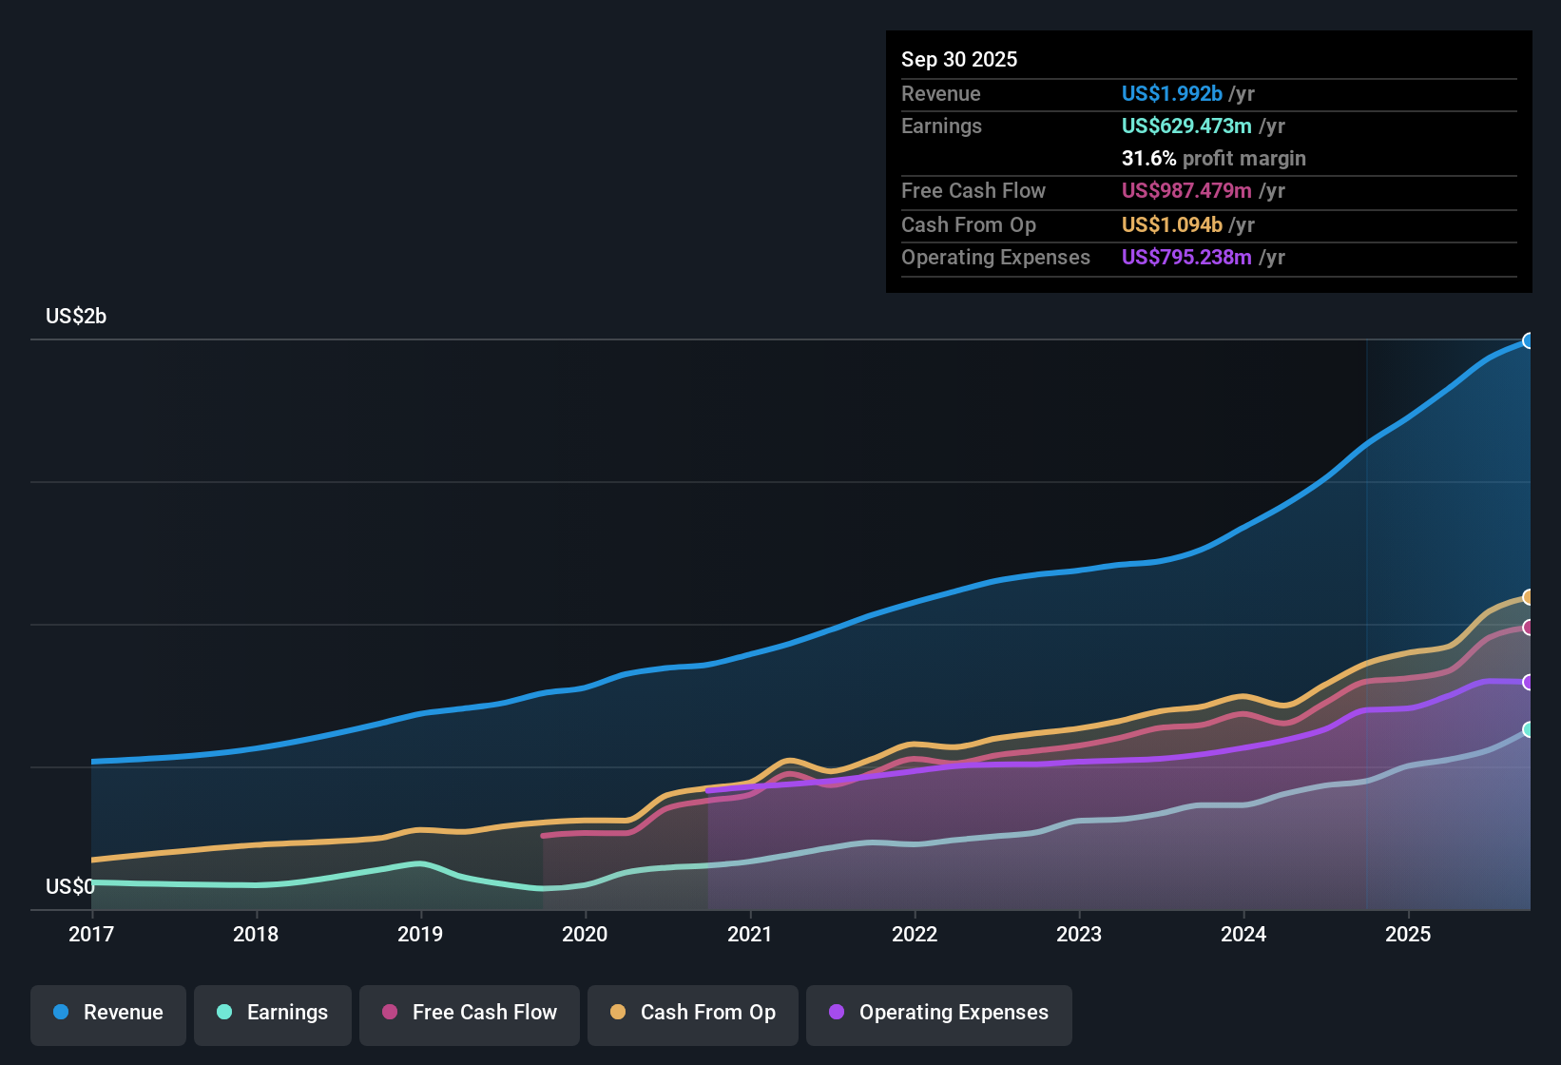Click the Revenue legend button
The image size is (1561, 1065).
tap(108, 1013)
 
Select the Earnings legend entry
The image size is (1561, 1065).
tap(273, 1013)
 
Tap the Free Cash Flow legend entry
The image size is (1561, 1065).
tap(470, 1013)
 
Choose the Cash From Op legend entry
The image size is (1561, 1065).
tap(693, 1013)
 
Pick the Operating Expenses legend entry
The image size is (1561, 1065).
tap(939, 1013)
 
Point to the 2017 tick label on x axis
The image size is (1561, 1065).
tap(91, 934)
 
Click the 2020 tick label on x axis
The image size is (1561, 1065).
tap(585, 934)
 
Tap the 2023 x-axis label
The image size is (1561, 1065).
tap(1079, 934)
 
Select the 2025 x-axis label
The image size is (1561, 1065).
tap(1408, 934)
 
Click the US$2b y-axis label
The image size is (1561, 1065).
tap(76, 317)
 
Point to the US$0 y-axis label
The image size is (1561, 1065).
tap(70, 887)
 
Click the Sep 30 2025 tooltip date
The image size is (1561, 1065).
tap(959, 59)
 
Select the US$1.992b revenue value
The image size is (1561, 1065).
tap(1171, 93)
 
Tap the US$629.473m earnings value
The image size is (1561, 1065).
tap(1185, 126)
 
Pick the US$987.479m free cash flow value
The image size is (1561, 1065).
tap(1185, 190)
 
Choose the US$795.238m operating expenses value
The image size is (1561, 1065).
tap(1185, 257)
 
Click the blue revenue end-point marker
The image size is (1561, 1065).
tap(1529, 340)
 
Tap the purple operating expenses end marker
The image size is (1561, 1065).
tap(1529, 682)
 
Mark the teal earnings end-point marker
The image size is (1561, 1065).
tap(1529, 729)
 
